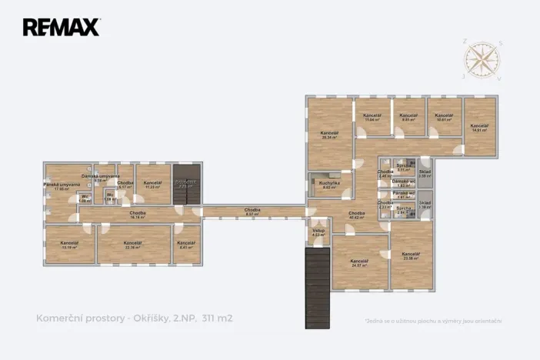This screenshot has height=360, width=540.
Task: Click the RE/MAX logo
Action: click(61, 28)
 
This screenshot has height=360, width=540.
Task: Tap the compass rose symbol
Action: click(482, 60)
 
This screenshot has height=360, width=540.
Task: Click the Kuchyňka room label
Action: click(325, 185)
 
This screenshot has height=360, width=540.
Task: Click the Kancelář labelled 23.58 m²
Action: click(410, 256)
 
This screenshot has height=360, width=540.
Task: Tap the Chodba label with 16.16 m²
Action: click(138, 215)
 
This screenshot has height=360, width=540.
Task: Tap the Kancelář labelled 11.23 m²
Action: click(152, 185)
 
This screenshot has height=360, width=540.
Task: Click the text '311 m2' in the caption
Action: click(217, 317)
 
